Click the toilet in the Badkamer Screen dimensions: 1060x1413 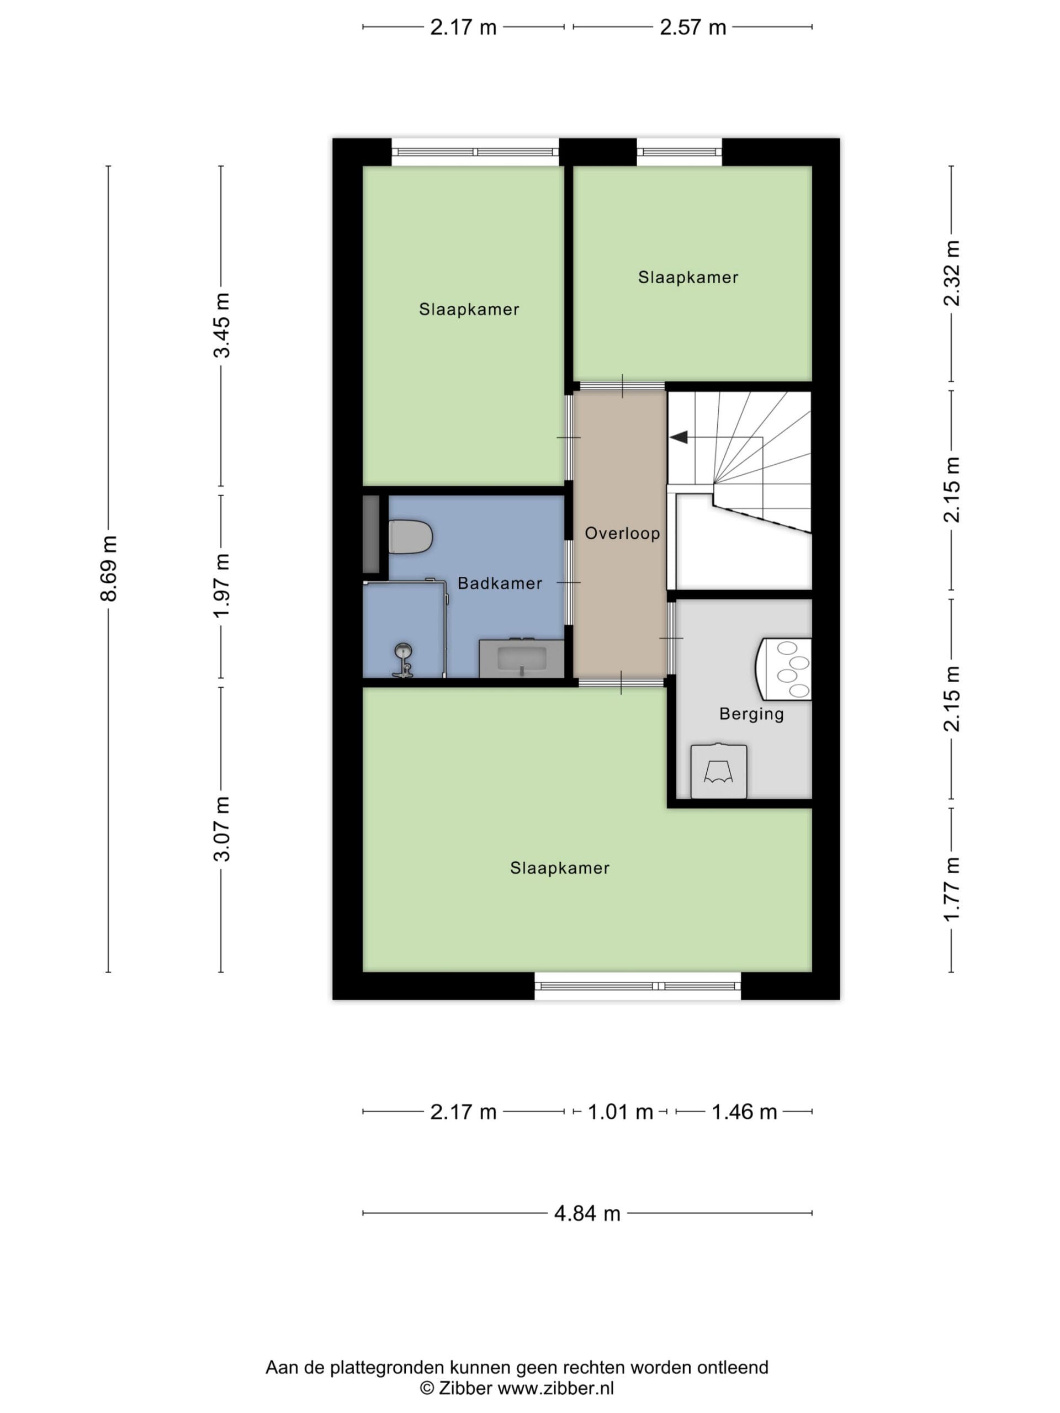tap(410, 537)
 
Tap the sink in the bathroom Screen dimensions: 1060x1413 tap(521, 658)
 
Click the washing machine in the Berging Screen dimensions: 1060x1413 tap(718, 771)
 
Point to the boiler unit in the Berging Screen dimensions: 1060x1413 tap(783, 670)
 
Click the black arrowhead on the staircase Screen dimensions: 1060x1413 tap(678, 437)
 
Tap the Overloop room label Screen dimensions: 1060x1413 tap(622, 533)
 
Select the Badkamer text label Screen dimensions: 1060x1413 tap(500, 583)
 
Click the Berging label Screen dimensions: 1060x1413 tap(751, 714)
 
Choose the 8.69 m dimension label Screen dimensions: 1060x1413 tap(109, 569)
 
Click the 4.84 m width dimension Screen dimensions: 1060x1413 tap(587, 1213)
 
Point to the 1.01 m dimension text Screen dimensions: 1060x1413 tap(620, 1112)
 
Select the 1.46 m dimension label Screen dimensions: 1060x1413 tap(744, 1112)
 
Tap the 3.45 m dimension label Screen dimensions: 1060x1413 tap(222, 325)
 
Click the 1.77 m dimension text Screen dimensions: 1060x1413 tap(952, 889)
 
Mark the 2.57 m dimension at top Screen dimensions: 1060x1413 tap(693, 28)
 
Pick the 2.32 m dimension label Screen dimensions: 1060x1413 tap(952, 273)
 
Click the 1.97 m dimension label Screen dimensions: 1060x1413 tap(222, 586)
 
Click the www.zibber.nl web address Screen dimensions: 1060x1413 tap(555, 1388)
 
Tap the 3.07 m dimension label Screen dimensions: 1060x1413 tap(222, 829)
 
